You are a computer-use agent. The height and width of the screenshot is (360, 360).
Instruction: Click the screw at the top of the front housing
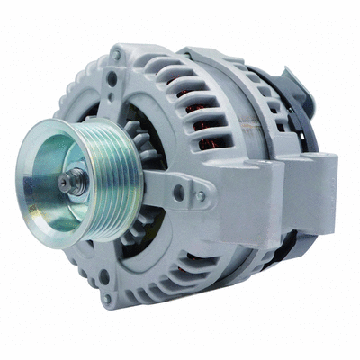[x=116, y=56]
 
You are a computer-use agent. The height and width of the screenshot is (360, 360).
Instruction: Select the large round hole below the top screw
[x=111, y=78]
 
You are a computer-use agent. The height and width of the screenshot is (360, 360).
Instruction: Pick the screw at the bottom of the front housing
[x=106, y=297]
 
